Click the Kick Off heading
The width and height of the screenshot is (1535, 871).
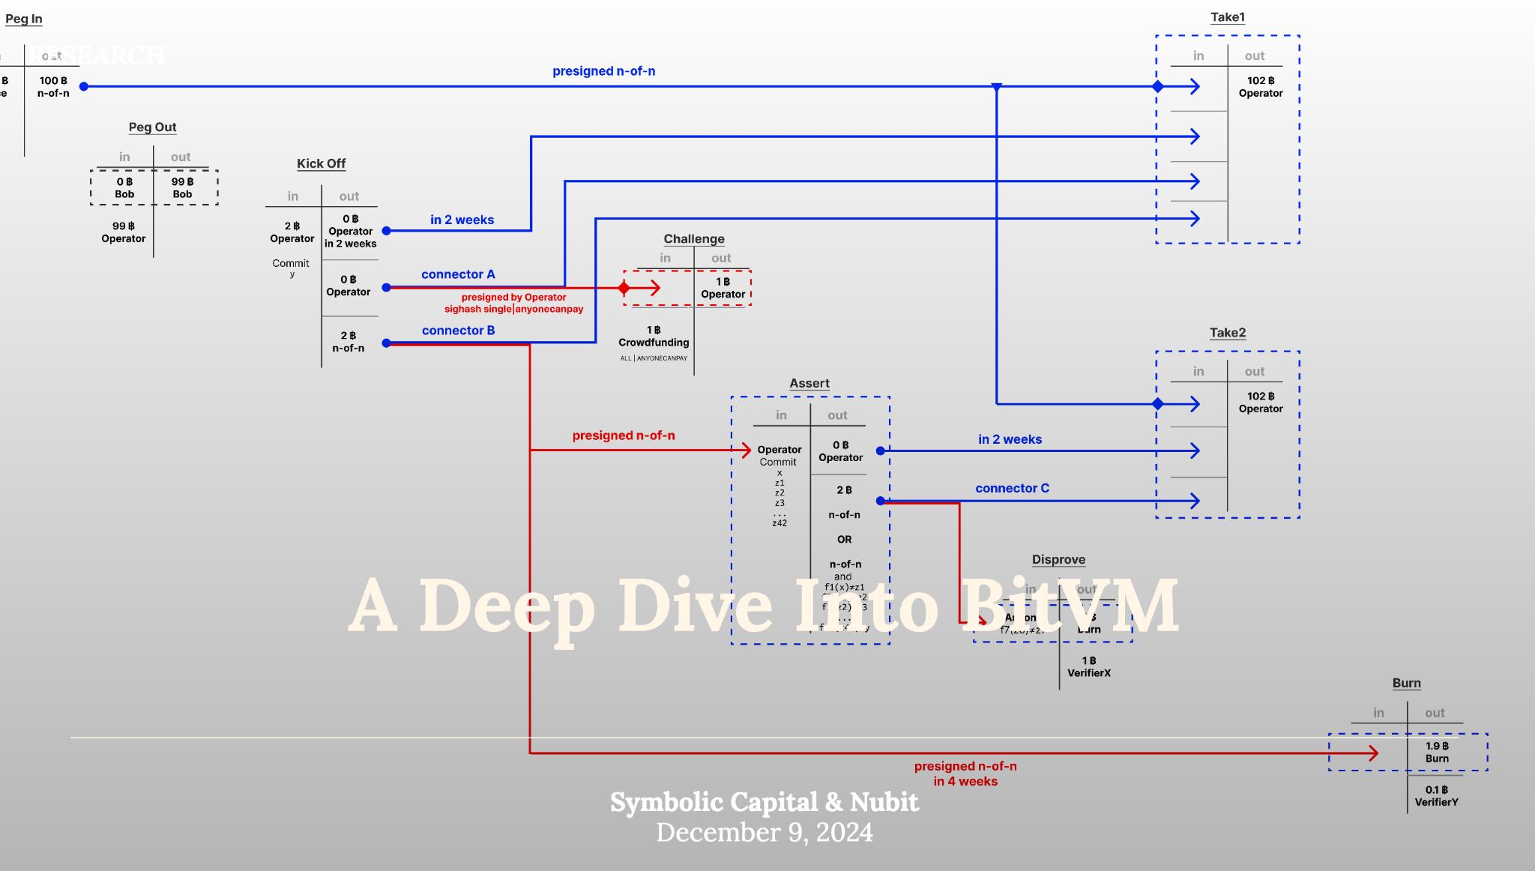[x=321, y=163]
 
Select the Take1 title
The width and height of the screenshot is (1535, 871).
[x=1227, y=17]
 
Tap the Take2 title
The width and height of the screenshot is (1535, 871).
[x=1227, y=333]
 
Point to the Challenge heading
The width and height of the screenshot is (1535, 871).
[x=694, y=239]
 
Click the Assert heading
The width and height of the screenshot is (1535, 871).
[x=809, y=383]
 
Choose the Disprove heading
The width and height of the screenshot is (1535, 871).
[x=1058, y=559]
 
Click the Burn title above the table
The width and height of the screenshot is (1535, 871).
[x=1406, y=683]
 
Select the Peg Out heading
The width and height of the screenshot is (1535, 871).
[x=152, y=127]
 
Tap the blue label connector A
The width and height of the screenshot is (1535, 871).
[x=458, y=274]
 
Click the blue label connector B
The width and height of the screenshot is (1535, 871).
[x=458, y=331]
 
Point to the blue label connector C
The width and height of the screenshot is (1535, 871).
[x=1012, y=488]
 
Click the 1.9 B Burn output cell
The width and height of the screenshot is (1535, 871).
[x=1437, y=752]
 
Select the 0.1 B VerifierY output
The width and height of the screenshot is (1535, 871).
[x=1436, y=796]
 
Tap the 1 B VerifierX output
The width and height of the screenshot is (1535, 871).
[x=1089, y=666]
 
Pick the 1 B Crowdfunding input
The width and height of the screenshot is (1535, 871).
[x=654, y=337]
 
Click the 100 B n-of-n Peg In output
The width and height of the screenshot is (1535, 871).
[x=53, y=87]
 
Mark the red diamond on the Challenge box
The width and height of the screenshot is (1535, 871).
[x=624, y=288]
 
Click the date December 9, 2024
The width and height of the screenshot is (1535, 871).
[x=765, y=833]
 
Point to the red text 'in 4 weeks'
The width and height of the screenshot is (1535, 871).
[x=965, y=781]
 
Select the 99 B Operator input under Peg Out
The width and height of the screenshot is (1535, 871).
[x=124, y=232]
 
